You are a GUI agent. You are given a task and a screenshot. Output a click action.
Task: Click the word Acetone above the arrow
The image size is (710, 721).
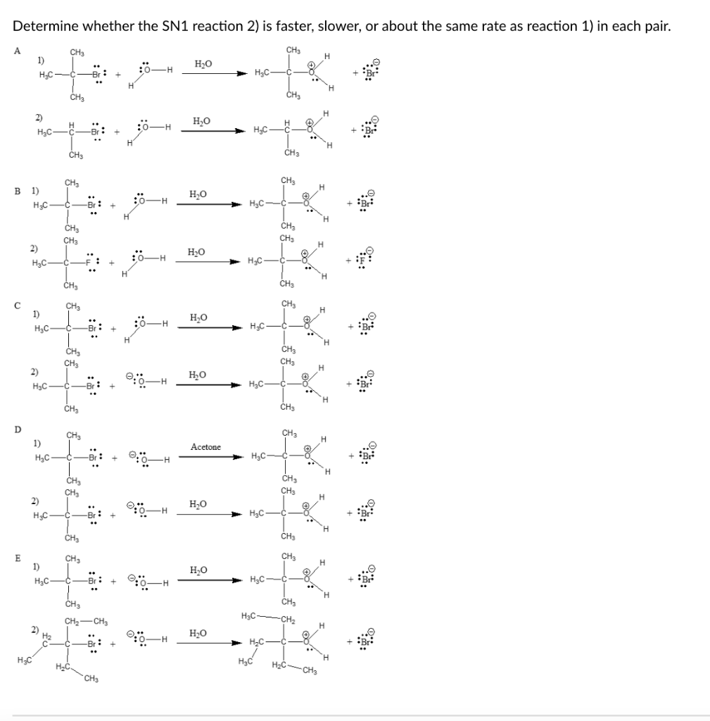(205, 447)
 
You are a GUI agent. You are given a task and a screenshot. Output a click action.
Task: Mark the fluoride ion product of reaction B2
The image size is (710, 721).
(367, 263)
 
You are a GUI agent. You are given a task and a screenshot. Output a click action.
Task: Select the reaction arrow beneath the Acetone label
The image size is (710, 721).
(211, 456)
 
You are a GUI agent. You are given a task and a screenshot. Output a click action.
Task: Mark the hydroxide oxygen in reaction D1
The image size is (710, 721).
(144, 460)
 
